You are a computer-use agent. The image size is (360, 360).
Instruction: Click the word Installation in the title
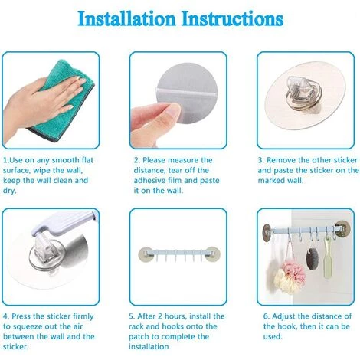click(x=129, y=19)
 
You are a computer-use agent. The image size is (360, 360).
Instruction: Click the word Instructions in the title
click(x=231, y=19)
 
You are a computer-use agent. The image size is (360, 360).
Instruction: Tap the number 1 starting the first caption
click(x=5, y=160)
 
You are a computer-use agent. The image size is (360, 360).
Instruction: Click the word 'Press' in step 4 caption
click(x=26, y=316)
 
